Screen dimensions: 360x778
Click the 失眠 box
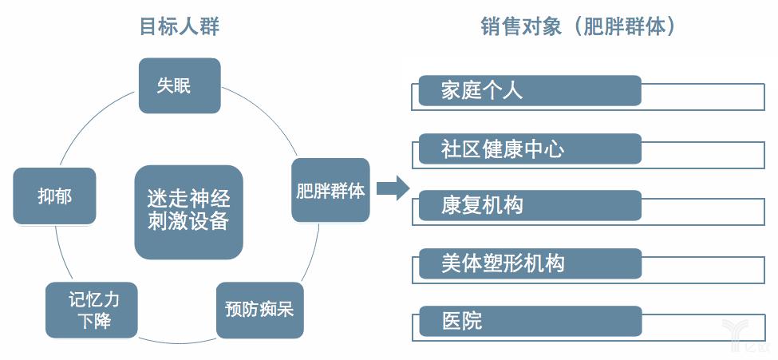click(179, 85)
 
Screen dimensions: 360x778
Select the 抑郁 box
click(54, 196)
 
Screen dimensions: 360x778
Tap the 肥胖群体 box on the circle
click(330, 191)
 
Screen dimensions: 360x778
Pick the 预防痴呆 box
click(259, 308)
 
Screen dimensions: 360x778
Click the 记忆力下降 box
click(92, 310)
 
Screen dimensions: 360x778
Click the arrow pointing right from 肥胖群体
click(392, 189)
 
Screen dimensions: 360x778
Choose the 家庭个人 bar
click(530, 91)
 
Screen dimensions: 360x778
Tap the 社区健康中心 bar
click(530, 148)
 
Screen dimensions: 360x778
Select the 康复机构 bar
click(530, 205)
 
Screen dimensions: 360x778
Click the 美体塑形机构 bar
click(530, 263)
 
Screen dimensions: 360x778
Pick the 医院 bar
click(530, 321)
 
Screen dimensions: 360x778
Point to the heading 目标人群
click(180, 27)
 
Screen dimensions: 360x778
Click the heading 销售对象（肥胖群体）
click(579, 27)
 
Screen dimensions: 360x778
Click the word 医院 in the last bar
click(462, 321)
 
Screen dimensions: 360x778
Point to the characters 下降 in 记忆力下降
click(93, 321)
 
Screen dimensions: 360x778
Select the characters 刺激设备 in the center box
click(188, 221)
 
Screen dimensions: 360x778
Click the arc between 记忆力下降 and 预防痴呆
click(177, 334)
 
